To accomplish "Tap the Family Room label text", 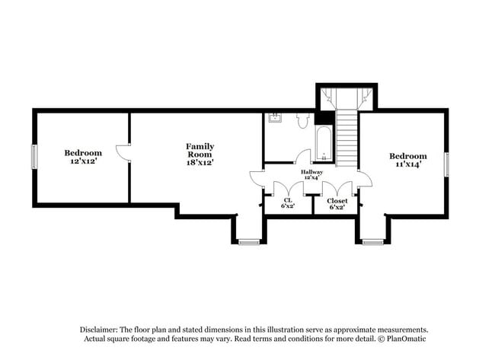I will (200, 154).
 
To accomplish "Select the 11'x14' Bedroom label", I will (407, 159).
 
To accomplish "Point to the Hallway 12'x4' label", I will (311, 175).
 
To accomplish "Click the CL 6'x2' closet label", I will (287, 203).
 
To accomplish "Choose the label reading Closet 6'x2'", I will (337, 203).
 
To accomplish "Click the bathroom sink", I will (275, 117).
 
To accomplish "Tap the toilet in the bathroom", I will (302, 119).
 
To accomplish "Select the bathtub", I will (324, 144).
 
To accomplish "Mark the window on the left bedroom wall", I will (34, 157).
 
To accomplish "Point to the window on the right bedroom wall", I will (446, 164).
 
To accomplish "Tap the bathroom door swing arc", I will (302, 156).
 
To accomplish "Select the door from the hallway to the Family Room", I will (257, 180).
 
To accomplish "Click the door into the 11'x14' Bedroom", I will (364, 180).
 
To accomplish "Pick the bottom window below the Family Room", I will (248, 242).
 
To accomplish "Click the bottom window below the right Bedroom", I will (372, 242).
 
